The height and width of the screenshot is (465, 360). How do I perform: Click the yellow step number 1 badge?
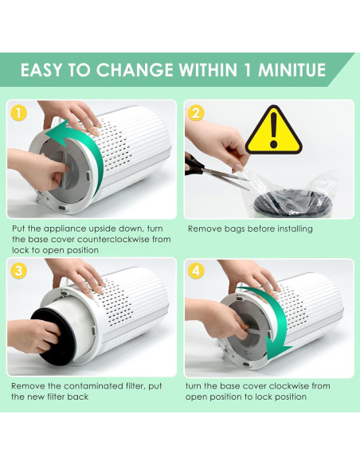click(18, 113)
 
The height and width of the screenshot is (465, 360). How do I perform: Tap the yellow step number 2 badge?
click(196, 113)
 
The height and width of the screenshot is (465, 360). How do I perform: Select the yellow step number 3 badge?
click(18, 271)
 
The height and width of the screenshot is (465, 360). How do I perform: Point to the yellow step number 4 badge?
click(196, 271)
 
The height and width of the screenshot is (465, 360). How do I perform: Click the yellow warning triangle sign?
click(274, 130)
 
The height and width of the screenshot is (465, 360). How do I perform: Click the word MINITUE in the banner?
click(292, 70)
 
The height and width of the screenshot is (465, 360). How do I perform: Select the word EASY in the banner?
click(41, 70)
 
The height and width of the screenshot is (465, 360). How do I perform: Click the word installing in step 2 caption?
click(295, 229)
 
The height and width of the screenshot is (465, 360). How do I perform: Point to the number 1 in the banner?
click(248, 70)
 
